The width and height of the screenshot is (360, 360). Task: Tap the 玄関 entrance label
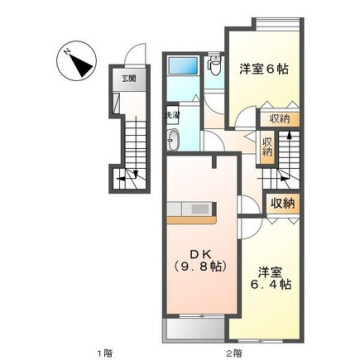pyautogui.click(x=129, y=77)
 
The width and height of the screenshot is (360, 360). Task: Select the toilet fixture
pyautogui.click(x=213, y=67)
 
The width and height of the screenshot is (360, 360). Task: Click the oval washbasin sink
pyautogui.click(x=171, y=139)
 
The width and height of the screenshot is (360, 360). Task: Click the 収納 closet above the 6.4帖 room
pyautogui.click(x=283, y=203)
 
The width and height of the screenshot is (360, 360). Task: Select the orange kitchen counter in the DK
pyautogui.click(x=191, y=211)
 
